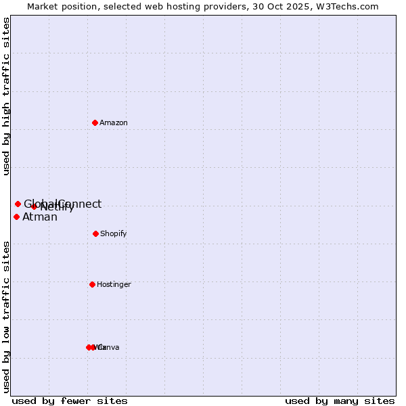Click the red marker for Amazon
95,122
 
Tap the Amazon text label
114,122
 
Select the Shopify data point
95,233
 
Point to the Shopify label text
114,233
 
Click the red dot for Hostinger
92,284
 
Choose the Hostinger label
114,284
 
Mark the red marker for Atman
16,217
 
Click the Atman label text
40,217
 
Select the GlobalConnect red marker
18,204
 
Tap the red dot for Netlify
34,206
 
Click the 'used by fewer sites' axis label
70,401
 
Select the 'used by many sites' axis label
340,401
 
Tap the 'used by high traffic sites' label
7,96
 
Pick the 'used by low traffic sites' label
7,316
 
